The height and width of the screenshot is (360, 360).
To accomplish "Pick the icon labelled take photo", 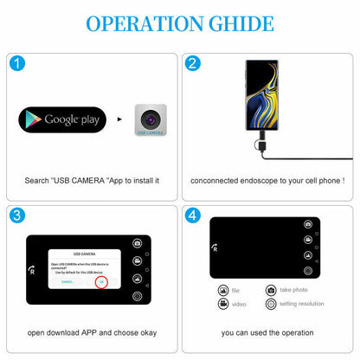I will point(271,290).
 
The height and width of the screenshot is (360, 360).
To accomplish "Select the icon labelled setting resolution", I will point(271,305).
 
